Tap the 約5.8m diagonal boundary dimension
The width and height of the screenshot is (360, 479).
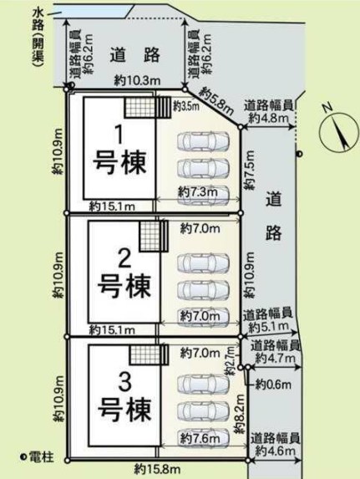point(218,100)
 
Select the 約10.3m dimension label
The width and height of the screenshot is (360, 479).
point(138,80)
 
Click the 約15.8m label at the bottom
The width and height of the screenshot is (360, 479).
point(157,467)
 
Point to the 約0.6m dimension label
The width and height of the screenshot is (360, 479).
point(273,385)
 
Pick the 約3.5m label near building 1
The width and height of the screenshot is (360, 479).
point(186,106)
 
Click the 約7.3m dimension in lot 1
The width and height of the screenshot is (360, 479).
point(198,192)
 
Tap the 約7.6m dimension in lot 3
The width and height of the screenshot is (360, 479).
point(200,439)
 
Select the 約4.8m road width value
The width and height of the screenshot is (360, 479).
point(269,118)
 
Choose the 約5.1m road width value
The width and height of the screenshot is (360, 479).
point(269,328)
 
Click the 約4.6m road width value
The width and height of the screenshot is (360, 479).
point(276,451)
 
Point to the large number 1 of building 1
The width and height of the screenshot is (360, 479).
point(119,135)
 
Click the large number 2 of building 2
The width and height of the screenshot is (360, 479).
point(124,258)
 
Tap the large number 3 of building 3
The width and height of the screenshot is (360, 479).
point(125,383)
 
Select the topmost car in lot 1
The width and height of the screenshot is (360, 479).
point(203,141)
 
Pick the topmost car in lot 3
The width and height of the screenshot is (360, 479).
point(203,384)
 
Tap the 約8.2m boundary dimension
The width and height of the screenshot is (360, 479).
point(240,414)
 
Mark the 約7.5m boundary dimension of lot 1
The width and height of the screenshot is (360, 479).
point(250,170)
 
